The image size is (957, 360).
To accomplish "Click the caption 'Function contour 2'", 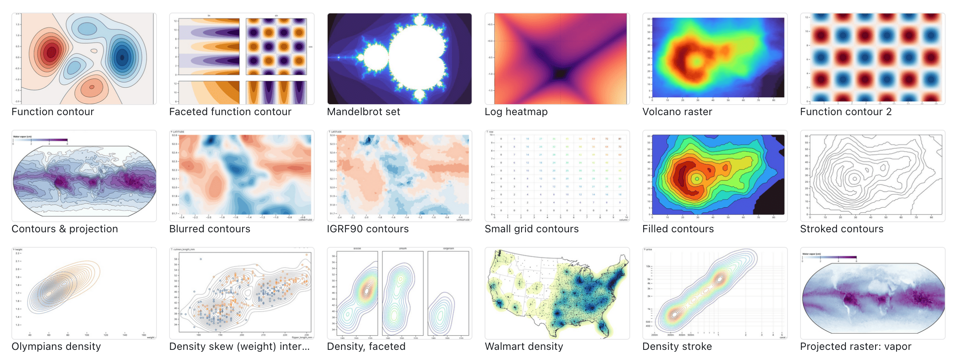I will [845, 111].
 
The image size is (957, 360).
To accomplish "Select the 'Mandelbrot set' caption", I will [363, 111].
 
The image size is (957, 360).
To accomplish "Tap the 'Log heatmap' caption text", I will [516, 111].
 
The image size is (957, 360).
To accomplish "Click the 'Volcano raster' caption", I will [677, 111].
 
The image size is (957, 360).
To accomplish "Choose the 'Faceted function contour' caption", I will [230, 111].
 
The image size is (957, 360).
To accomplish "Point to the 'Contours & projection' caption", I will [64, 229].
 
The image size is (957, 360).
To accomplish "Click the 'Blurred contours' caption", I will [209, 229].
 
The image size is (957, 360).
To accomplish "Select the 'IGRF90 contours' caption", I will [367, 229].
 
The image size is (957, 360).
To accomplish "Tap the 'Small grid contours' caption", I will [531, 229].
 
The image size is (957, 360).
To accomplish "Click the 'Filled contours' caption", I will [678, 229].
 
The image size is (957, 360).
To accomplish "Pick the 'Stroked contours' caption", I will [841, 229].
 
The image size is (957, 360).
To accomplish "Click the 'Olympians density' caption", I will [56, 346].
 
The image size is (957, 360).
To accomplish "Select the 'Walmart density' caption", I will [524, 346].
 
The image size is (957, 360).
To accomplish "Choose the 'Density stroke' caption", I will [677, 346].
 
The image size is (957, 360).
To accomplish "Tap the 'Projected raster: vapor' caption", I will [855, 346].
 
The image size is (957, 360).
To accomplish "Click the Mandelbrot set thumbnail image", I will [399, 59].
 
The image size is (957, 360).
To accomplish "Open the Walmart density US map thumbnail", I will [557, 294].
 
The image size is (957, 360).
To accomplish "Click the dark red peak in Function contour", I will [51, 52].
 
